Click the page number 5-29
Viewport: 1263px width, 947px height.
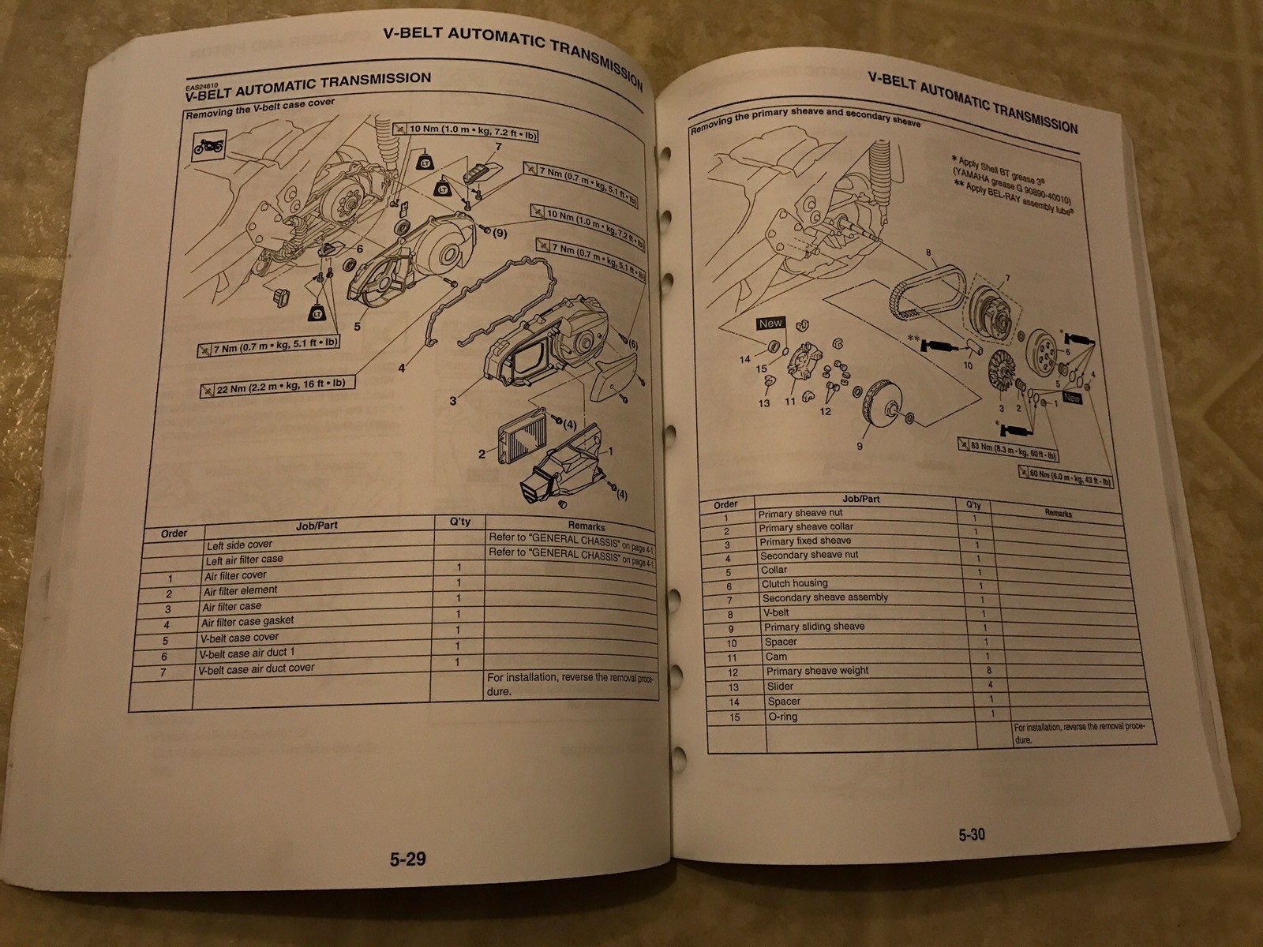pos(407,859)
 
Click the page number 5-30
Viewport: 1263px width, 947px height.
pos(972,834)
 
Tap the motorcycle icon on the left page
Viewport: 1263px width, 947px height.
pos(210,147)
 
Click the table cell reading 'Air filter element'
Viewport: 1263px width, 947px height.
pos(240,591)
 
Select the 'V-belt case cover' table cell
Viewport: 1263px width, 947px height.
pos(238,638)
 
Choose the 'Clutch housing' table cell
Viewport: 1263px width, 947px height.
pos(794,584)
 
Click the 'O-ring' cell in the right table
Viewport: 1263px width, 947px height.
pos(782,717)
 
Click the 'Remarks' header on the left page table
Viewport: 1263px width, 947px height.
pos(586,526)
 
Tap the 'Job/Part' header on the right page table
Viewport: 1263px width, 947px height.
pos(860,499)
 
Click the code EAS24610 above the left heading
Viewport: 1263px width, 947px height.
pos(199,85)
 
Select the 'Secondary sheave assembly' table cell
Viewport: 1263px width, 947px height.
pos(825,597)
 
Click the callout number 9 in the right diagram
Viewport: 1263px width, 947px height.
pos(859,446)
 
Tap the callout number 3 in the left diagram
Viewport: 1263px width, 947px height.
pos(453,401)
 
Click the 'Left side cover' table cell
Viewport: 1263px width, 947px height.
pos(239,545)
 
